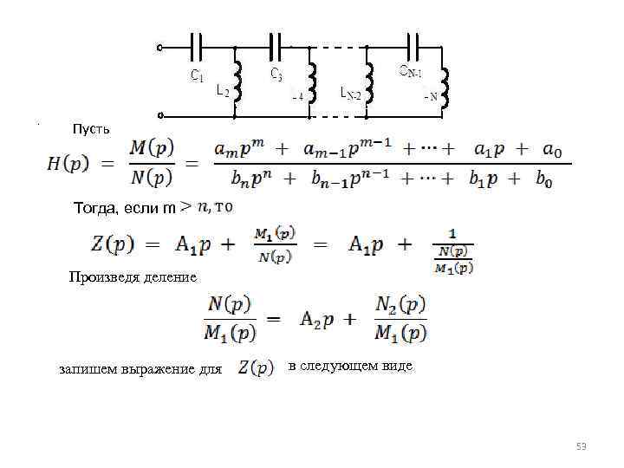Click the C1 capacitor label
pos(198,75)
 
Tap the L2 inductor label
pos(223,92)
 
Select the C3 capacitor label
pos(276,75)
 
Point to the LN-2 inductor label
pos(351,92)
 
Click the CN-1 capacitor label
pos(410,69)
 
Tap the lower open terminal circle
pos(161,113)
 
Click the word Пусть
pos(91,129)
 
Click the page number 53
pos(582,446)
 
